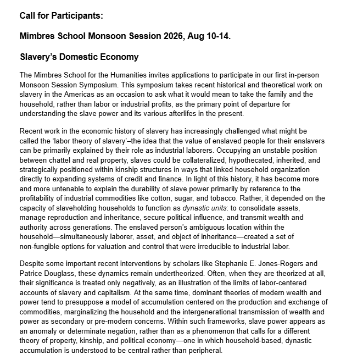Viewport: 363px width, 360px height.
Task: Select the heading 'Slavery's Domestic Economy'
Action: [x=79, y=57]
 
